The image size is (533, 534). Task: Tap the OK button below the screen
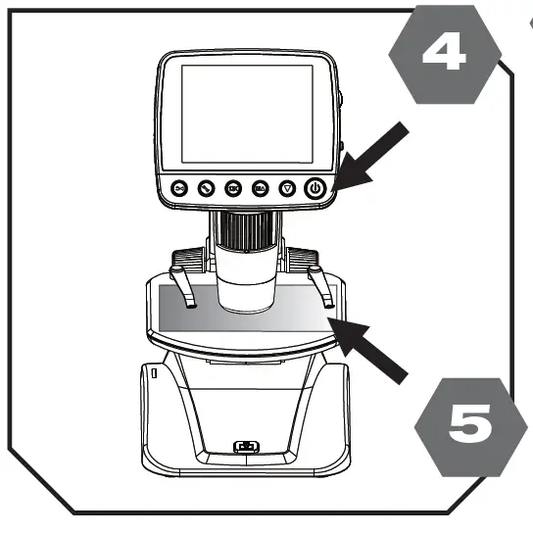pos(233,188)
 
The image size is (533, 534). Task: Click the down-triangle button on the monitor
pos(287,188)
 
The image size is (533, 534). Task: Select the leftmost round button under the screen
pos(179,188)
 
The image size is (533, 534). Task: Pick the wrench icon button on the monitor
pos(207,188)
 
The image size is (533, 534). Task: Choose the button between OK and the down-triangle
pos(260,188)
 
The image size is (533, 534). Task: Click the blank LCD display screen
pos(245,116)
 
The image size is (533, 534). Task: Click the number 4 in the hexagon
pos(443,55)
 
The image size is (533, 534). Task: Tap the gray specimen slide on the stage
pos(245,313)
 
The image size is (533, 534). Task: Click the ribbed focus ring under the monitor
pos(245,232)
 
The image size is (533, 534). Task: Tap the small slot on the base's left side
pos(153,374)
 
